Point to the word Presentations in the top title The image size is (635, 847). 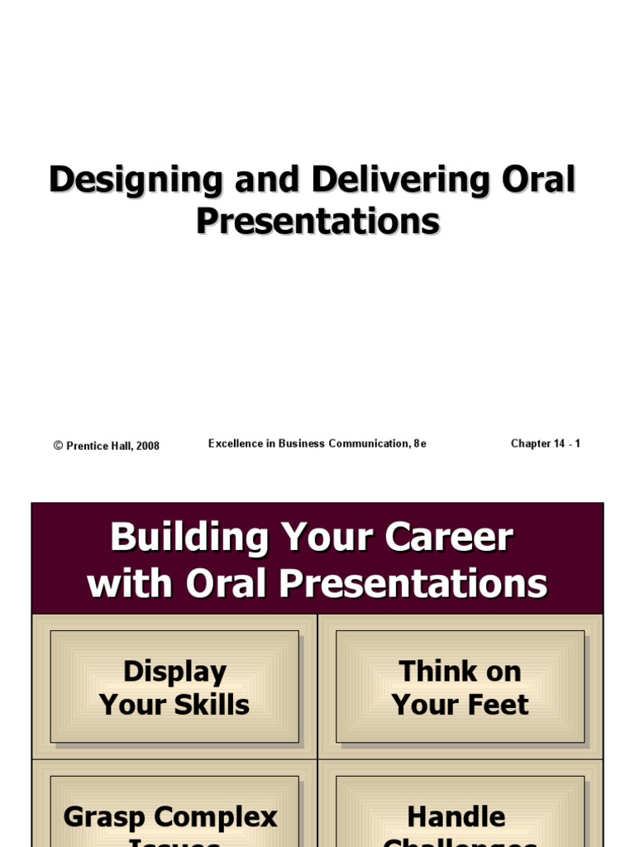317,222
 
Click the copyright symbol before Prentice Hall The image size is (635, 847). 58,446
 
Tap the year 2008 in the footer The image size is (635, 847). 148,446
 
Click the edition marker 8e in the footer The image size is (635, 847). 419,443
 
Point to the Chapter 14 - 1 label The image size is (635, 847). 545,443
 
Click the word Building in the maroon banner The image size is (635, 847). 189,538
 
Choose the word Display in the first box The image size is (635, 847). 174,672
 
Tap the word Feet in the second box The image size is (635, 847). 494,705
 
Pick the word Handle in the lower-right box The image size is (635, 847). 456,817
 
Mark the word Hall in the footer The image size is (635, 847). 119,446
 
